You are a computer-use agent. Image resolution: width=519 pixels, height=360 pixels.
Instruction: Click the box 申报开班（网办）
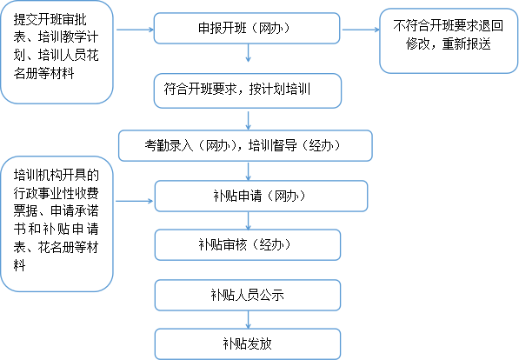pos(247,28)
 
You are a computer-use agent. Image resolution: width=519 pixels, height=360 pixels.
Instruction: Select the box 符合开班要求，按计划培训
pos(248,90)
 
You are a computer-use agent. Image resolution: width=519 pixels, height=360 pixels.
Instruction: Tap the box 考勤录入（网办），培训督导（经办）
pos(246,146)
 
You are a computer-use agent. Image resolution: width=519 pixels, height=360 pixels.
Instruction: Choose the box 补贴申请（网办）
pos(261,196)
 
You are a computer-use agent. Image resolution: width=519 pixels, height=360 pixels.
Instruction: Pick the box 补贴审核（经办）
pos(248,244)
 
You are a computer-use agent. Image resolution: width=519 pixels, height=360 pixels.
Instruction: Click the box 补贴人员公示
pos(248,295)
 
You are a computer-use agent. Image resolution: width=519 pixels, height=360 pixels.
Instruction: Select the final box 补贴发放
pos(248,343)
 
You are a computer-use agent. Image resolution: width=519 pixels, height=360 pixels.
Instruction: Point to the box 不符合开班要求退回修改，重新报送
pos(449,41)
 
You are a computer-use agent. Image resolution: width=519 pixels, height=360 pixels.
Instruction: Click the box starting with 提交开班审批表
pos(57,52)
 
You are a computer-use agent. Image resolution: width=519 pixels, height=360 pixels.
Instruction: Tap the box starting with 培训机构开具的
pos(57,223)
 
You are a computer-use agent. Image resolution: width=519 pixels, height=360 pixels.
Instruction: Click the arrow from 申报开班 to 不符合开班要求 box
pos(361,30)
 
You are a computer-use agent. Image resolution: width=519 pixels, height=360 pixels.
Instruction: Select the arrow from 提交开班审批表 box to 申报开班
pos(135,30)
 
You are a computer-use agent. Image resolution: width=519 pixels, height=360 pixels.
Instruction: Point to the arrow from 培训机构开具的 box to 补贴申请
pos(135,201)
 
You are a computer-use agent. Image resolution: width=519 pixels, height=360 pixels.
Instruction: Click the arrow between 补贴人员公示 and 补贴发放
pos(249,320)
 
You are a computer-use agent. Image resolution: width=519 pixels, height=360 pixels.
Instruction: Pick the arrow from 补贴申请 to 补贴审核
pos(249,221)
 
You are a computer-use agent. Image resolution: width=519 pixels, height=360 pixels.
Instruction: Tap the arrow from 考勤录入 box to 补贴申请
pos(249,171)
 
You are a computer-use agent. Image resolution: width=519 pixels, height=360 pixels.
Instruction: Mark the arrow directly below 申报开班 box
pos(249,53)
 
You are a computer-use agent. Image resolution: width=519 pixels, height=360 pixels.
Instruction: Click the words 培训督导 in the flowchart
pos(273,146)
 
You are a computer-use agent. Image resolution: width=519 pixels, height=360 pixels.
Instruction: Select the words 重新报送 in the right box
pos(466,44)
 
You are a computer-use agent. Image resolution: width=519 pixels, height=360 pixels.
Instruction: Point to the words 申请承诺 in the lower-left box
pos(75,210)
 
